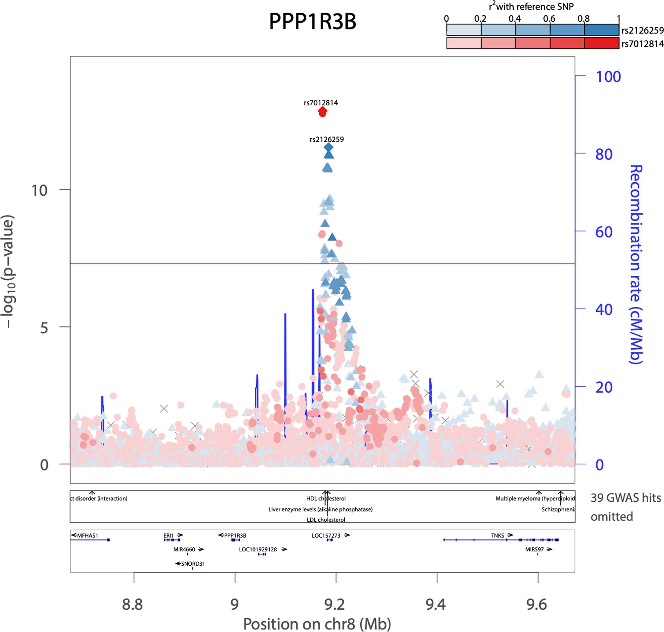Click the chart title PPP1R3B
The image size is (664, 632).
pyautogui.click(x=312, y=21)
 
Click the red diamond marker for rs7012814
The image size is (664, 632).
pyautogui.click(x=322, y=112)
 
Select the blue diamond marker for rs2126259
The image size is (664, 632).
pyautogui.click(x=328, y=147)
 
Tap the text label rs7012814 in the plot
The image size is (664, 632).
pyautogui.click(x=321, y=103)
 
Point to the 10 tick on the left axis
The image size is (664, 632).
pyautogui.click(x=39, y=190)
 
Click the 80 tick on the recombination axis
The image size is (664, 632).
pyautogui.click(x=604, y=154)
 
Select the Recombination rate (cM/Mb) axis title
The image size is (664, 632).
pyautogui.click(x=636, y=265)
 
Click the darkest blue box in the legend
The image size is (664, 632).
pyautogui.click(x=602, y=30)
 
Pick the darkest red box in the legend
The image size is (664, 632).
pyautogui.click(x=602, y=43)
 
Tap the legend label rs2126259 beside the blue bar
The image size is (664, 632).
pyautogui.click(x=642, y=30)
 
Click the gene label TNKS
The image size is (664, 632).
pyautogui.click(x=497, y=535)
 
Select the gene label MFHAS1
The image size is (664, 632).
pyautogui.click(x=88, y=535)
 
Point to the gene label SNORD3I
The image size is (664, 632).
pyautogui.click(x=193, y=564)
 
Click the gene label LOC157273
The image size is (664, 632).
pyautogui.click(x=326, y=535)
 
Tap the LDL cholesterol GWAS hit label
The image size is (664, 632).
pyautogui.click(x=326, y=520)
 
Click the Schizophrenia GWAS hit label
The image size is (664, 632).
pyautogui.click(x=558, y=509)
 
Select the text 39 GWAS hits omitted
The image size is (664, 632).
pyautogui.click(x=625, y=507)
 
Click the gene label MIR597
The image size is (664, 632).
pyautogui.click(x=535, y=550)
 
